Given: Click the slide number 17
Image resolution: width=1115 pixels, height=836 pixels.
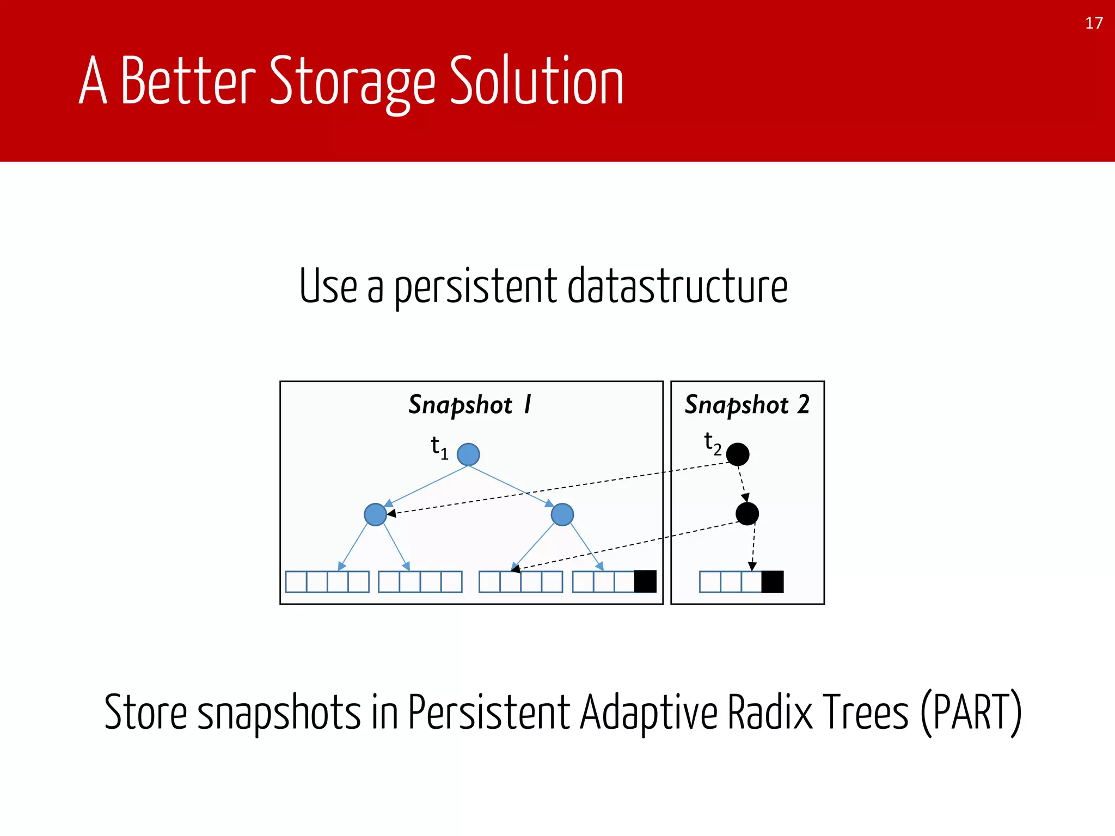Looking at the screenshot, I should pos(1094,23).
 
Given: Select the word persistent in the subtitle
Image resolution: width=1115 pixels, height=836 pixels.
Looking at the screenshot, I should pos(475,287).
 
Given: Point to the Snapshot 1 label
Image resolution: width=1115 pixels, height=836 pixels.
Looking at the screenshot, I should pos(470,405).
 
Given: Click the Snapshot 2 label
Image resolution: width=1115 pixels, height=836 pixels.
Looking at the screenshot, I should pos(747,405).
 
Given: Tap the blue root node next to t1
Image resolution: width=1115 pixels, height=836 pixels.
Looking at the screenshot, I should pos(468,454).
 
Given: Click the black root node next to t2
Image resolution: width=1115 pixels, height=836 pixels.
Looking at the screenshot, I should pos(738,454).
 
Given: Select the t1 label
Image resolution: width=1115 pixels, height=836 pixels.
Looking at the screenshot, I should pos(439,447).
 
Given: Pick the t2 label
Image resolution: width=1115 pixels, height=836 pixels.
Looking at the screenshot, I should pos(712,444).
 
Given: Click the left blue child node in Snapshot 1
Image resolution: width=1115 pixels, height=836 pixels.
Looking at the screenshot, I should pos(375,514).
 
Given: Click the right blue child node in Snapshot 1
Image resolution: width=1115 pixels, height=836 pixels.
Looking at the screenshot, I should pos(562,514).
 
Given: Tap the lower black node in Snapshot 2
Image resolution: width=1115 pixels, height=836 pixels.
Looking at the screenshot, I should pos(747,513).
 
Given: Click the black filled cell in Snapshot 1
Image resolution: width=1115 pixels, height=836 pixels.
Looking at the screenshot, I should pos(645,581).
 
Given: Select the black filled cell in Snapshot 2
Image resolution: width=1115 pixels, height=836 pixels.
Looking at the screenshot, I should pos(772,581).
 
